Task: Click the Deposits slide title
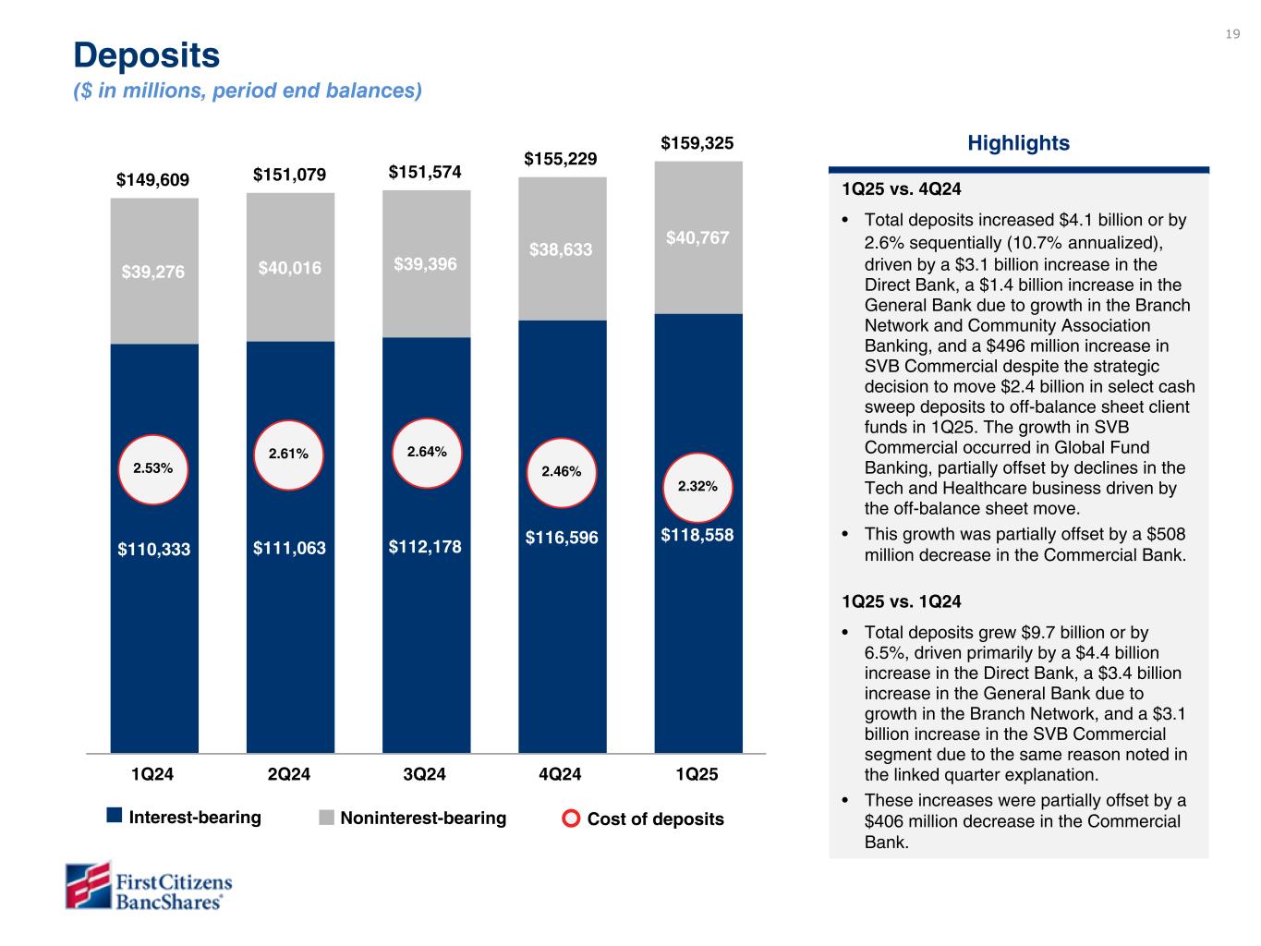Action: point(147,56)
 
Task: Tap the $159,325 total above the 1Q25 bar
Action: point(697,143)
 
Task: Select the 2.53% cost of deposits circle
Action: point(153,468)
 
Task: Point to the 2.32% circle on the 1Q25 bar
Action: point(697,486)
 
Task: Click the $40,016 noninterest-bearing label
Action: point(290,268)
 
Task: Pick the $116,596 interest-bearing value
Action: point(562,536)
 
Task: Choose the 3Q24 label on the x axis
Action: point(426,774)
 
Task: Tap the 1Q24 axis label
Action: point(153,774)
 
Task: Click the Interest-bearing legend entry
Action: point(184,818)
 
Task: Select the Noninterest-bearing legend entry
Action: point(413,818)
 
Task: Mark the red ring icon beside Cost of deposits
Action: point(572,819)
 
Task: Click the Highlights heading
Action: point(1018,143)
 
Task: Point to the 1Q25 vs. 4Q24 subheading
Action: point(902,189)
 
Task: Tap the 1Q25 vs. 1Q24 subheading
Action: point(902,601)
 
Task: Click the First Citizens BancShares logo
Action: point(149,885)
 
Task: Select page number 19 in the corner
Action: point(1232,34)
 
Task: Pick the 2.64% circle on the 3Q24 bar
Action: point(427,452)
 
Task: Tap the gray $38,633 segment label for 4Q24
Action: point(561,249)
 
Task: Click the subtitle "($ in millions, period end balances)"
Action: point(248,91)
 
